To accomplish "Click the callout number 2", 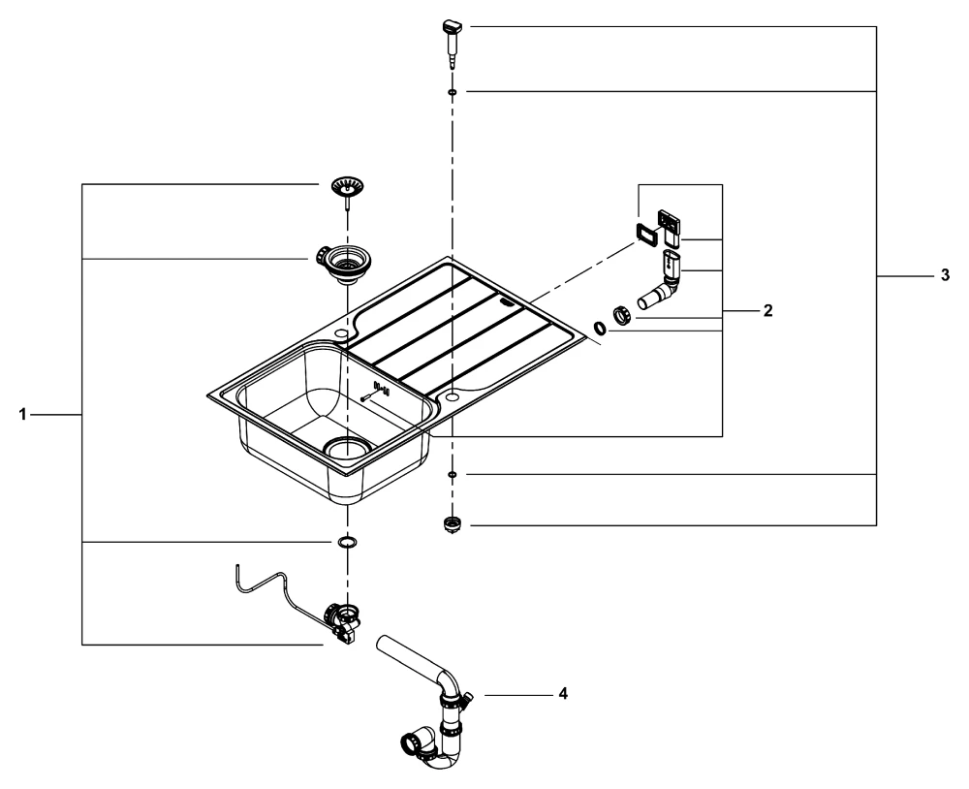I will (x=767, y=311).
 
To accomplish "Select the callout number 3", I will (x=945, y=276).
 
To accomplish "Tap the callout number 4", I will (x=564, y=694).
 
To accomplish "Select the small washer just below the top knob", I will (x=453, y=92).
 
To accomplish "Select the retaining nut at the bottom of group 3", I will (x=452, y=525).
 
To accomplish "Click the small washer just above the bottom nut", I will (x=453, y=474).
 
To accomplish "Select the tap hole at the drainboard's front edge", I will (x=453, y=396).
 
